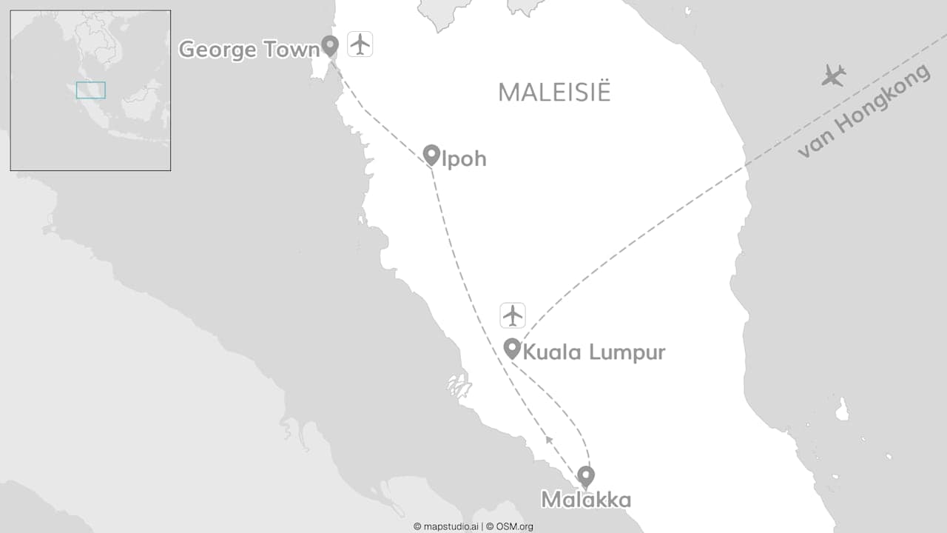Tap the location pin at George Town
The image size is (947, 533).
coord(330,46)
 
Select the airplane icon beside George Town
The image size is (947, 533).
coord(360,44)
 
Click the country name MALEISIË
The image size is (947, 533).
coord(554,93)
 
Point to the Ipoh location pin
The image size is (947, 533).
coord(431,155)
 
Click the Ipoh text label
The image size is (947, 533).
coord(464,159)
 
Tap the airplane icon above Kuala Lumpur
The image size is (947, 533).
coord(512,315)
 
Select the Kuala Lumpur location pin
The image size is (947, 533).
coord(512,348)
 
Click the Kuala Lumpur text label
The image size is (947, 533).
coord(593,352)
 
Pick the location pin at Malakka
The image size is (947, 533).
coord(586,476)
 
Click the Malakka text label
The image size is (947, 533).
coord(586,500)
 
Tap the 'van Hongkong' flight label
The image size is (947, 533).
coord(864,112)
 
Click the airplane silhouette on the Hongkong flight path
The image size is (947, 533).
coord(834,75)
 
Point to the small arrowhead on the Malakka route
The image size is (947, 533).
coord(548,440)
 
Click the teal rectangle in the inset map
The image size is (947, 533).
coord(91,90)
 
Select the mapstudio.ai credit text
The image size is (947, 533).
coord(446,526)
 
